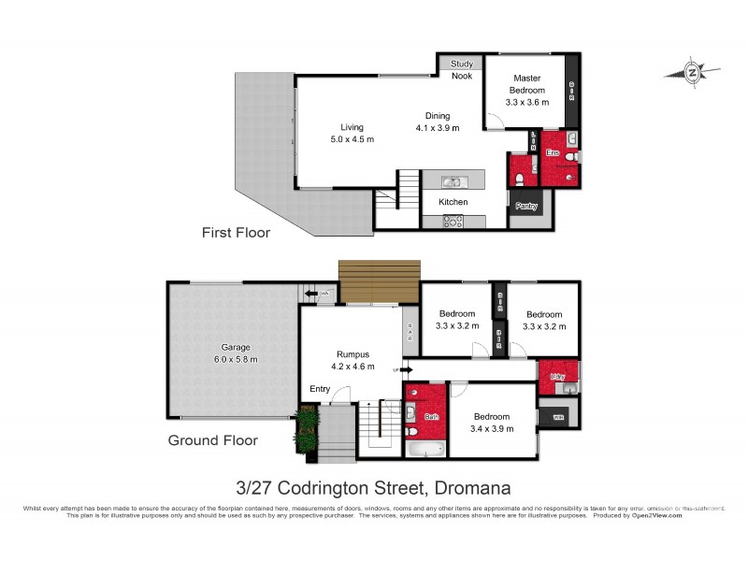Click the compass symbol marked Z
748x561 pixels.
(x=692, y=71)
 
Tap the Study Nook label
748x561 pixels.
(x=462, y=70)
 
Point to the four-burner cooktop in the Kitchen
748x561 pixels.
(x=453, y=222)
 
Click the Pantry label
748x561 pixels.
(x=526, y=207)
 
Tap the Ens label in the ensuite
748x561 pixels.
(x=553, y=152)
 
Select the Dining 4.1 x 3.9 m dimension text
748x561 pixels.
(x=437, y=128)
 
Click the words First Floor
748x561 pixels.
(x=237, y=233)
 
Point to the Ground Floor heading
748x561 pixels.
(x=212, y=439)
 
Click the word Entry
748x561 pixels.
(x=319, y=390)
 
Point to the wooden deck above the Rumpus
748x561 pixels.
(x=378, y=281)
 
